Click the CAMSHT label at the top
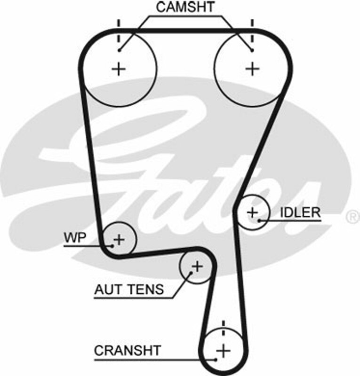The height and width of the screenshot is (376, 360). click(185, 7)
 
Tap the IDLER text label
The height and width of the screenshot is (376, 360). click(300, 212)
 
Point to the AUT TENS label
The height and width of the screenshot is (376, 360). click(129, 289)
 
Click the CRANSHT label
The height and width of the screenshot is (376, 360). click(127, 350)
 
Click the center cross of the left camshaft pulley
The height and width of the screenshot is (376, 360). click(120, 69)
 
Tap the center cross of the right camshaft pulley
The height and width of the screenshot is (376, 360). click(253, 69)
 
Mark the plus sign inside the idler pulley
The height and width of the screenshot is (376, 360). click(253, 212)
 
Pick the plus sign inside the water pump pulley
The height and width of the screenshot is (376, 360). click(120, 239)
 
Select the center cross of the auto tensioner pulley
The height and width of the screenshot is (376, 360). click(197, 267)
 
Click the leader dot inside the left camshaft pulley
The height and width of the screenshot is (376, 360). click(120, 50)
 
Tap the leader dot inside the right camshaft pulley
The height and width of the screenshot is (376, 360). click(253, 50)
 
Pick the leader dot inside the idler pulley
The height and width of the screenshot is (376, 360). click(259, 219)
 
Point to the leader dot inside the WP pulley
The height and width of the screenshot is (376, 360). click(112, 245)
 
